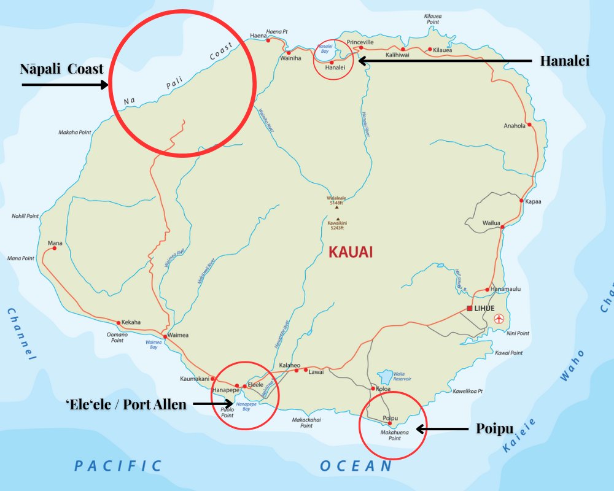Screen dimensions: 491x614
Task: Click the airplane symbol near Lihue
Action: pos(499,319)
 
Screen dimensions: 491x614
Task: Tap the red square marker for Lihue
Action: pos(470,308)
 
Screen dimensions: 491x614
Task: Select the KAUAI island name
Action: pos(351,252)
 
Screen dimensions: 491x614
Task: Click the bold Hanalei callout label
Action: pos(564,61)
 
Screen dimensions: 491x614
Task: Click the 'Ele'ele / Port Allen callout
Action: pos(126,404)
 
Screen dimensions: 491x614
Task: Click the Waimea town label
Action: pos(178,334)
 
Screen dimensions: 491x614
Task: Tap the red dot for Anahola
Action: pos(529,124)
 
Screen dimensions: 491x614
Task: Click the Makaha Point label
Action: pos(74,132)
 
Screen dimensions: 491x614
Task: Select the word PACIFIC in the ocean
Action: pos(118,466)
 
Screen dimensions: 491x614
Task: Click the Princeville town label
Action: pos(360,42)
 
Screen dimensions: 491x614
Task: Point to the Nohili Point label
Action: pos(25,216)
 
